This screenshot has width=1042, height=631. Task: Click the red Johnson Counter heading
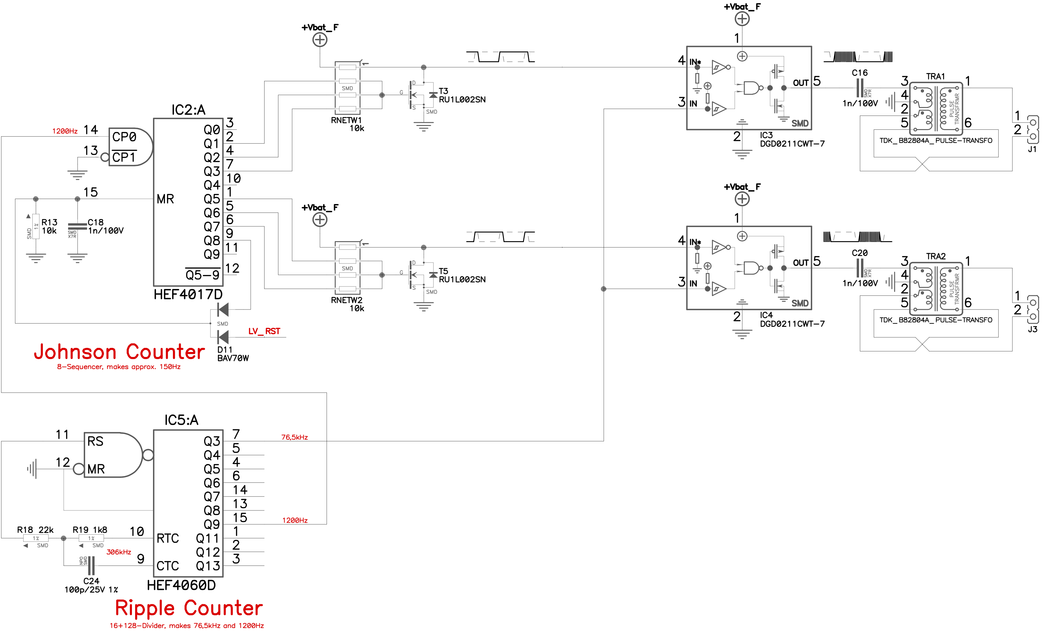[119, 352]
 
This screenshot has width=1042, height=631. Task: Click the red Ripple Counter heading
[189, 608]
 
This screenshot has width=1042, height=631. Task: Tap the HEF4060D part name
[181, 585]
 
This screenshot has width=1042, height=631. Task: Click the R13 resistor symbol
[36, 227]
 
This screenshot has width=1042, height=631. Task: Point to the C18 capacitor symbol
[77, 227]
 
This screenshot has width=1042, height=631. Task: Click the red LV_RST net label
[264, 331]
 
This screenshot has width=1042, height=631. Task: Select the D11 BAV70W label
[233, 354]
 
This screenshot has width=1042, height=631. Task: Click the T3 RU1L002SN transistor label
[462, 96]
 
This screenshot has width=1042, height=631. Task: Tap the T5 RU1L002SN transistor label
[462, 275]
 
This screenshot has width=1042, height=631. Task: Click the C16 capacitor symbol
[860, 88]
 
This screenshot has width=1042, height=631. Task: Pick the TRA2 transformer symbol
[936, 282]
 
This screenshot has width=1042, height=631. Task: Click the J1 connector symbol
[1032, 129]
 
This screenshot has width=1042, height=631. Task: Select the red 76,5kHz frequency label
[294, 437]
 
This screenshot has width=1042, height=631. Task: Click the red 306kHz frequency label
[118, 552]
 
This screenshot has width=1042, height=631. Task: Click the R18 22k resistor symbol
[36, 538]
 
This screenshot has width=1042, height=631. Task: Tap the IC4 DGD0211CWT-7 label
[792, 320]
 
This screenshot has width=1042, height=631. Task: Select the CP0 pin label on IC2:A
[124, 137]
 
